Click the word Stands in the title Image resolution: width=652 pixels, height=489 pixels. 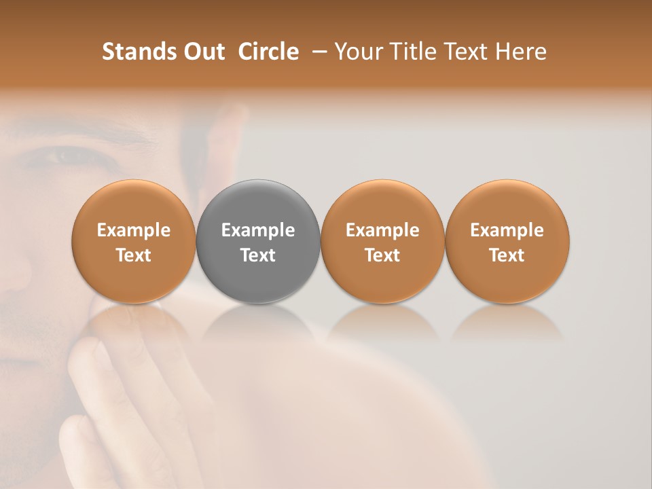click(x=134, y=52)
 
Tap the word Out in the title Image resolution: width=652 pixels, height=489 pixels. click(x=202, y=52)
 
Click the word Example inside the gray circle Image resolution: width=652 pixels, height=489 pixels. click(x=258, y=230)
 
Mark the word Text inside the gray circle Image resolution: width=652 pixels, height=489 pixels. click(x=258, y=255)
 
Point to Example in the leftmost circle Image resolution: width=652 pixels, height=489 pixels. click(x=133, y=230)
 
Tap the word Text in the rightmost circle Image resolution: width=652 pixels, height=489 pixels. click(x=507, y=255)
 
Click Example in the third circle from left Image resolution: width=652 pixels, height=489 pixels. click(x=382, y=230)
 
